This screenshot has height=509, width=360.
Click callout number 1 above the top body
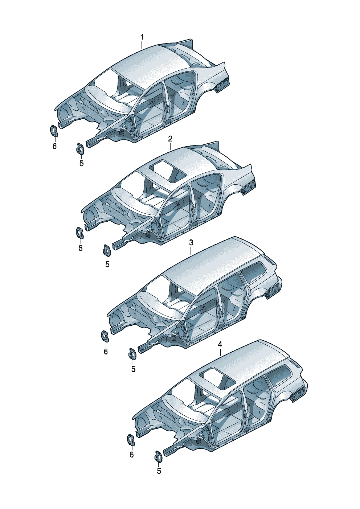tap(142, 37)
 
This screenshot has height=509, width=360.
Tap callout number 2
tap(170, 139)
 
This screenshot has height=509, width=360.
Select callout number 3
tap(191, 243)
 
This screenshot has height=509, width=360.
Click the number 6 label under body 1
tap(54, 146)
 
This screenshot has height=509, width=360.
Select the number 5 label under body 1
tap(81, 163)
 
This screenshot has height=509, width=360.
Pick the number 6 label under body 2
tap(81, 248)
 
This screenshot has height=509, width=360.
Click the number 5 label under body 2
tap(107, 264)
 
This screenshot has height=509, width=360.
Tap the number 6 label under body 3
tap(106, 352)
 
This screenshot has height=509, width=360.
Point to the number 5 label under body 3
tap(133, 369)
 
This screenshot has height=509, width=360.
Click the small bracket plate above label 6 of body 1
tap(54, 131)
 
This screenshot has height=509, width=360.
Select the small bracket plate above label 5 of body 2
tap(106, 250)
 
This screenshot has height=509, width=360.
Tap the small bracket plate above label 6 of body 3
tap(105, 337)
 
